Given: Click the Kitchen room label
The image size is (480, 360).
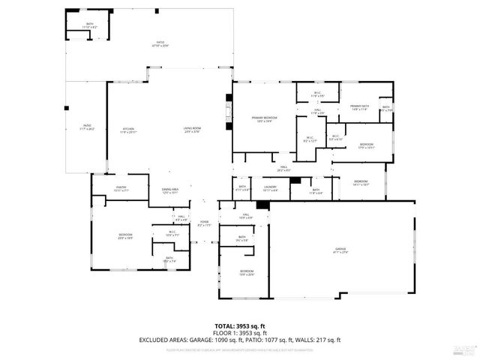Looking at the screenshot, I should click(128, 130).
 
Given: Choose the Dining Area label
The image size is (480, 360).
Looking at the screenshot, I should click(170, 190).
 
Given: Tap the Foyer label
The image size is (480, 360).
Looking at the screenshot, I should click(203, 222).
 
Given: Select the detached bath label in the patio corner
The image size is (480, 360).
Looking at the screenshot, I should click(89, 25).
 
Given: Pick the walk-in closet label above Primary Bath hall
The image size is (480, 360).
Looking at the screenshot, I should click(316, 94).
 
